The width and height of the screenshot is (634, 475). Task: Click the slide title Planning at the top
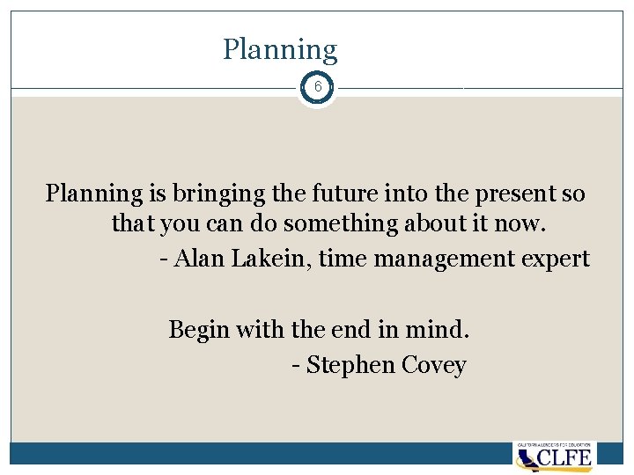(x=280, y=50)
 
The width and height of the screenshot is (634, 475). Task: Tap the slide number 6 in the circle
(x=317, y=88)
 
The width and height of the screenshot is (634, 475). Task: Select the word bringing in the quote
(x=217, y=193)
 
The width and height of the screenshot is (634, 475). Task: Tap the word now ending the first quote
(x=526, y=224)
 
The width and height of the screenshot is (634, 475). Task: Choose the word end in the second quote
(x=350, y=330)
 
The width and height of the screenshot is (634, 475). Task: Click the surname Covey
(x=433, y=365)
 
